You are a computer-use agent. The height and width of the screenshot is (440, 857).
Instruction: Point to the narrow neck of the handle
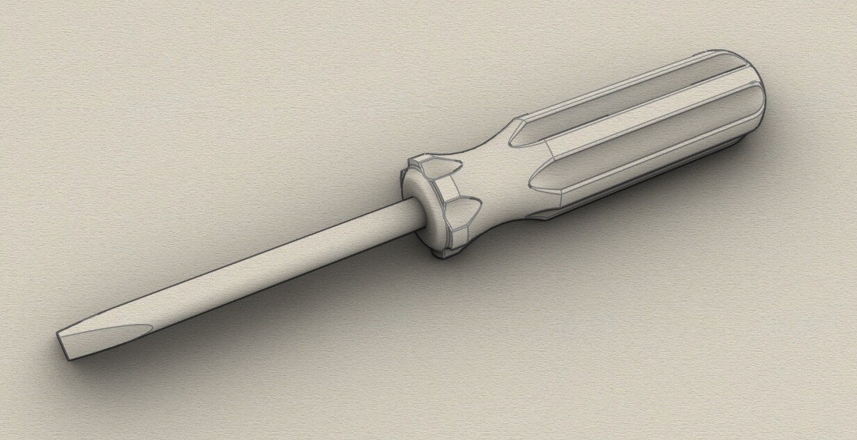point(497,174)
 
